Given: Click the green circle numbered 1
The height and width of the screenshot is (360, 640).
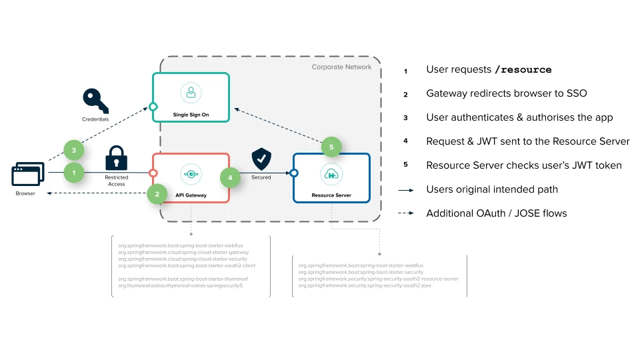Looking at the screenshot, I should (74, 173).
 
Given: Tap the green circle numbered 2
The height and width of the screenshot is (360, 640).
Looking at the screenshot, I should (157, 195).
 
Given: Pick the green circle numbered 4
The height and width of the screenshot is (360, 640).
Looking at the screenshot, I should (231, 178).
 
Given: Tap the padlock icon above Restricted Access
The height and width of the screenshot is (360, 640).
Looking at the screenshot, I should (117, 158).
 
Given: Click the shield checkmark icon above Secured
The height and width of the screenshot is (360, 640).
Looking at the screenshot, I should (261, 160).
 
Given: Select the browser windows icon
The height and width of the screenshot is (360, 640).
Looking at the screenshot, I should (27, 175).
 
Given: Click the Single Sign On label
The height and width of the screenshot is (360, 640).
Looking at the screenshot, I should (191, 113).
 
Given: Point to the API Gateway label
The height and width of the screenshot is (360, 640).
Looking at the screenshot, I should (191, 195).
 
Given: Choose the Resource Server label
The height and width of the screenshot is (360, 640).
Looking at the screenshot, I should (331, 195).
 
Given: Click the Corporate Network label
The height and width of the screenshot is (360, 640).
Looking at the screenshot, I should (341, 67).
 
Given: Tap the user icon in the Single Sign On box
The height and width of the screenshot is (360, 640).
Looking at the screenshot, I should (191, 93).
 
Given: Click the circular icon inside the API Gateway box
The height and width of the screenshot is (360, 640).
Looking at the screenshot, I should (191, 175).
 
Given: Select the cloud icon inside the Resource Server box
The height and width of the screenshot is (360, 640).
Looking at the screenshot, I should (331, 175).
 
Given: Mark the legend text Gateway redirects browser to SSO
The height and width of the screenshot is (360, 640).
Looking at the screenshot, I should (506, 94).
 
